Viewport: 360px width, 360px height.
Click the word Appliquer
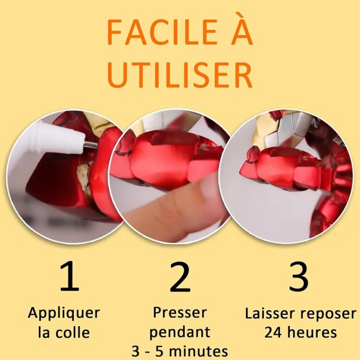(64, 314)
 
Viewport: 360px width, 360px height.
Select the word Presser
(180, 313)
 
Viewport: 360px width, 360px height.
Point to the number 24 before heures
(273, 333)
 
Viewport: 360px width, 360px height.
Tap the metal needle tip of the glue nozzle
(91, 144)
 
